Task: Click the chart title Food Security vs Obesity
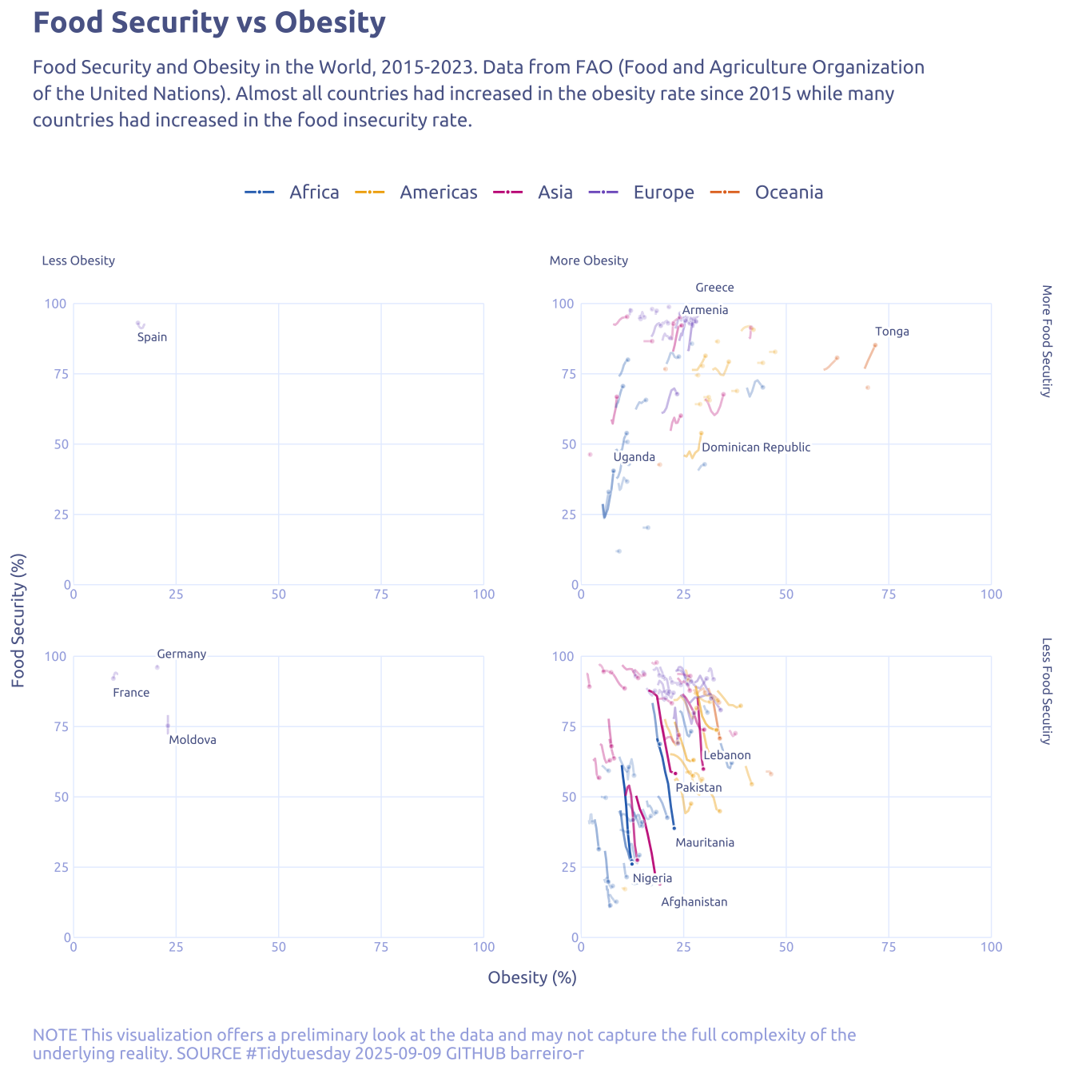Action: coord(209,23)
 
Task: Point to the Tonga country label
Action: coord(892,332)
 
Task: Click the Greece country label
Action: coord(714,288)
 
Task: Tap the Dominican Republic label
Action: coord(756,447)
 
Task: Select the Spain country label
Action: coord(152,337)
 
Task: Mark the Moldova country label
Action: coord(193,740)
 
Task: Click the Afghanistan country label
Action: coord(694,902)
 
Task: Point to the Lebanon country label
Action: coord(727,755)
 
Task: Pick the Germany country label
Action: coord(181,654)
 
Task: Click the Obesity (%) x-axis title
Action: coord(532,977)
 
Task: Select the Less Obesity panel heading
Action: coord(78,261)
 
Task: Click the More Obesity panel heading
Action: coord(589,261)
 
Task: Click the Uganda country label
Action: coord(634,457)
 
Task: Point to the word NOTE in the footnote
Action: coord(55,1036)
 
